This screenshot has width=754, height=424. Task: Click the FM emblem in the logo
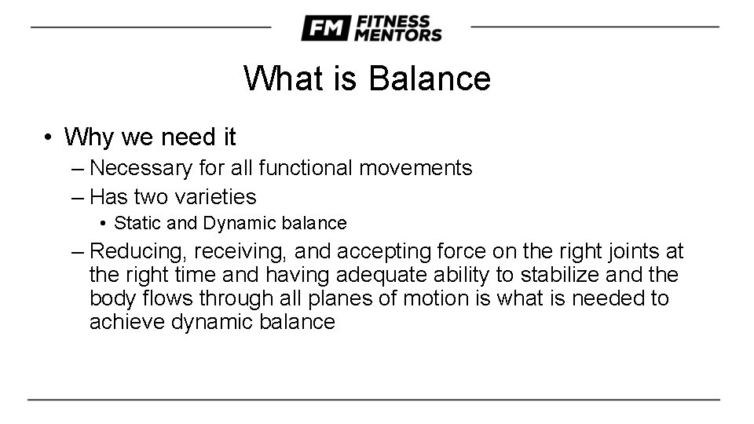coord(324,28)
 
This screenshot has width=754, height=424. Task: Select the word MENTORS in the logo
coord(398,35)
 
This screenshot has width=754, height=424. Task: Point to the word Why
coord(90,137)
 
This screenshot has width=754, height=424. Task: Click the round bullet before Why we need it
coord(49,138)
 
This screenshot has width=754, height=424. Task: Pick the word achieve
coord(125,323)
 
